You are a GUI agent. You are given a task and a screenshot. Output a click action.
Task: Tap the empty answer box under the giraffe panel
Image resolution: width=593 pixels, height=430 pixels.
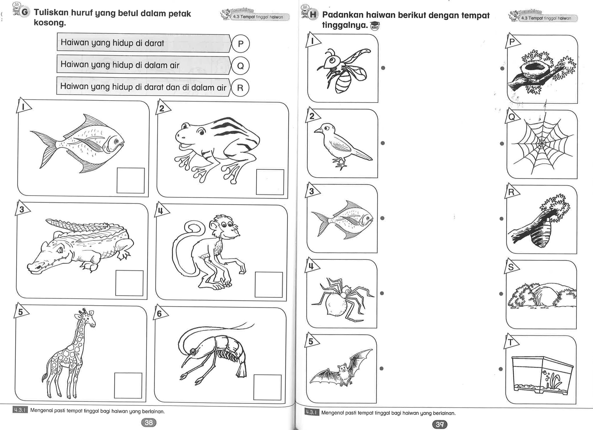pyautogui.click(x=128, y=385)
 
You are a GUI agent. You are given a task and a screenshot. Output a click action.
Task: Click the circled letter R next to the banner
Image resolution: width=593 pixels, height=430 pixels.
pyautogui.click(x=240, y=88)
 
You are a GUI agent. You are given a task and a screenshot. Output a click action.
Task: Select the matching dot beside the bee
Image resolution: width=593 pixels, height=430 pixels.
pyautogui.click(x=383, y=68)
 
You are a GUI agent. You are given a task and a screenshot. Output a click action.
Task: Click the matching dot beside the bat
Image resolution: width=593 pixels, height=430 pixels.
pyautogui.click(x=381, y=368)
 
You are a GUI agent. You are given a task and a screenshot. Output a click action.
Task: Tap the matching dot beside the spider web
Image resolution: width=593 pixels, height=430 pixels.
pyautogui.click(x=502, y=143)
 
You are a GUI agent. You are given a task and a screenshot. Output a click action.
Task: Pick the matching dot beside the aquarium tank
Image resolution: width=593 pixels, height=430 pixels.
pyautogui.click(x=501, y=369)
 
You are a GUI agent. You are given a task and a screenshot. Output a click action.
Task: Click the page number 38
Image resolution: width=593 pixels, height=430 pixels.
pyautogui.click(x=149, y=422)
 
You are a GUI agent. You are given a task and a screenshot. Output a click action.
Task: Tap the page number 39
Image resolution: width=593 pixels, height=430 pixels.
pyautogui.click(x=440, y=424)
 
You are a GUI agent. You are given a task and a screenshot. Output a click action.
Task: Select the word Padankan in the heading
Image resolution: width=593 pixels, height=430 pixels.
pyautogui.click(x=343, y=15)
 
